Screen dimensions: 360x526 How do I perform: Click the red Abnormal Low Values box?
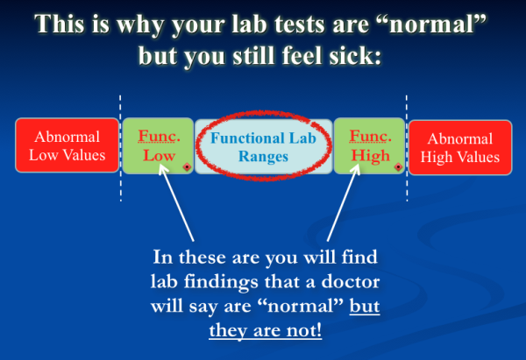click(67, 146)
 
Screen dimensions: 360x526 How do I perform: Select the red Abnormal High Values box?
click(459, 146)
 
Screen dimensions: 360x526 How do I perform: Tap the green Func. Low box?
click(158, 146)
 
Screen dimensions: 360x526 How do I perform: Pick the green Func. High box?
click(369, 146)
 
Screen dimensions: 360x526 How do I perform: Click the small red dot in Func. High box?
click(398, 166)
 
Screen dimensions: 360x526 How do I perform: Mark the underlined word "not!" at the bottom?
click(303, 330)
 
